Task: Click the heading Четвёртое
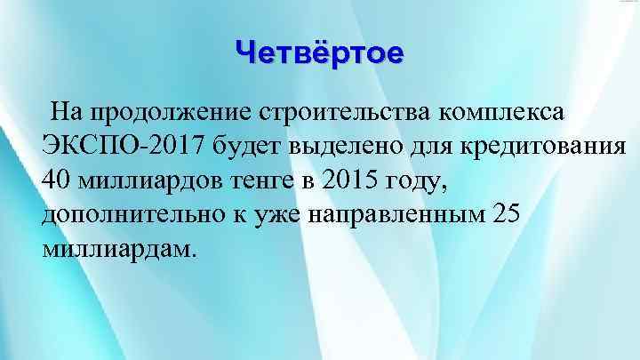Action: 319,53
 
